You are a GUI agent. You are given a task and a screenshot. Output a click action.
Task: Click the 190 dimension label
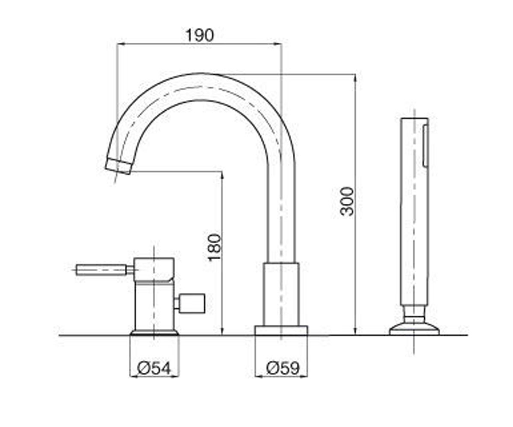coord(200,35)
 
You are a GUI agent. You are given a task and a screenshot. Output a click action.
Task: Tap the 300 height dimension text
coord(347,201)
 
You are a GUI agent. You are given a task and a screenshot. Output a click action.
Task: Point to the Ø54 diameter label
coord(154,369)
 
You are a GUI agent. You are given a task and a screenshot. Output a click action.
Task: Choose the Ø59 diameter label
coord(283,368)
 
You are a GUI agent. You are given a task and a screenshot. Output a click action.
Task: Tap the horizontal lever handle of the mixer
coord(101,270)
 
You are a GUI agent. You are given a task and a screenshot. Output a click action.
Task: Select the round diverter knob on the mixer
coord(192,303)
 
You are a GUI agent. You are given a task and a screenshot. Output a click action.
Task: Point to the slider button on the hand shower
coord(425,146)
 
